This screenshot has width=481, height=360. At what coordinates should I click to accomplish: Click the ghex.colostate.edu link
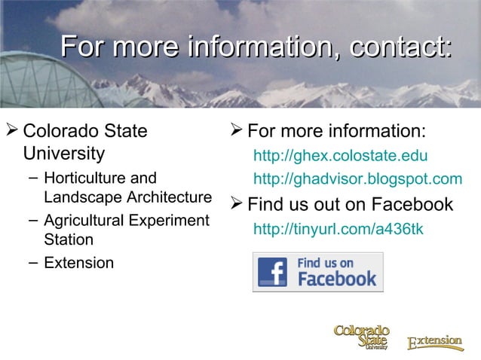tap(340, 157)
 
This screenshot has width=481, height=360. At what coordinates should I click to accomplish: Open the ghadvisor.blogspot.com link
tap(357, 178)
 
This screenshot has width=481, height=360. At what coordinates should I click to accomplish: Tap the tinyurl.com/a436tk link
tap(338, 227)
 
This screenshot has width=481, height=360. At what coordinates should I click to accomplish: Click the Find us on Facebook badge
tap(317, 272)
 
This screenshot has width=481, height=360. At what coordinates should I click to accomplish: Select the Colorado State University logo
tap(362, 337)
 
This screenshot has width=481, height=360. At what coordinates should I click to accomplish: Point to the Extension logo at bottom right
tap(435, 343)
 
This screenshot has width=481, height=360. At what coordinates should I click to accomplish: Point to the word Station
tap(69, 240)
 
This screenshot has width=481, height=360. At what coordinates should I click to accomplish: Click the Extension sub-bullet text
tap(79, 263)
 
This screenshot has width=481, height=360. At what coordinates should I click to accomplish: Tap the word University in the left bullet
tap(64, 154)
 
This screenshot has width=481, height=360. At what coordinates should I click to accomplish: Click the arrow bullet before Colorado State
tap(11, 132)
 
